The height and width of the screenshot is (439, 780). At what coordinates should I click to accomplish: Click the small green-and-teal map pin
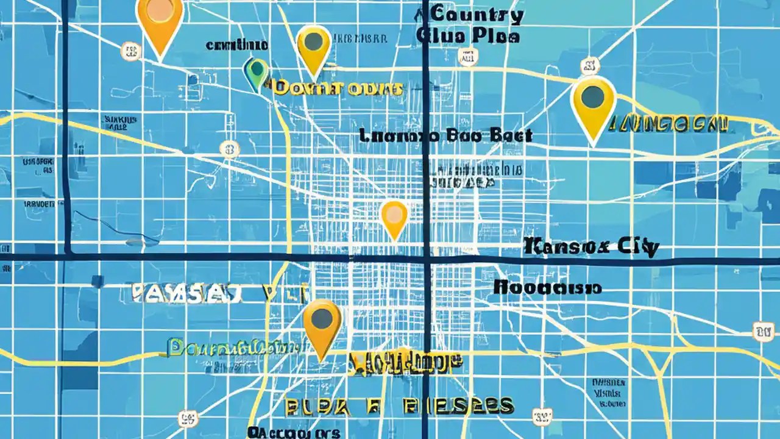(x=256, y=72)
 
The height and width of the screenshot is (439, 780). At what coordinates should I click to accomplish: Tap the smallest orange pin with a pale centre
(x=394, y=216)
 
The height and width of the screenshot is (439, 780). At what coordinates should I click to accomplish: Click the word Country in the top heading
(x=477, y=15)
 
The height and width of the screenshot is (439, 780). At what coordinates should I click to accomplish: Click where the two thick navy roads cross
(x=426, y=259)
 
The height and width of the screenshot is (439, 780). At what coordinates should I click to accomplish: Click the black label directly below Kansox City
(x=547, y=287)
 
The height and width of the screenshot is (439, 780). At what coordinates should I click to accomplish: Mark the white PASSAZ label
(x=188, y=293)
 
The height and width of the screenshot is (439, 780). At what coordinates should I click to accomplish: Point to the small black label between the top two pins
(x=236, y=45)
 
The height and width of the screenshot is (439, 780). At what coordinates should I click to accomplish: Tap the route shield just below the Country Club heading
(x=468, y=57)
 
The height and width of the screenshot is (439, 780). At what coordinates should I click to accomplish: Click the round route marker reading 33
(x=230, y=149)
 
